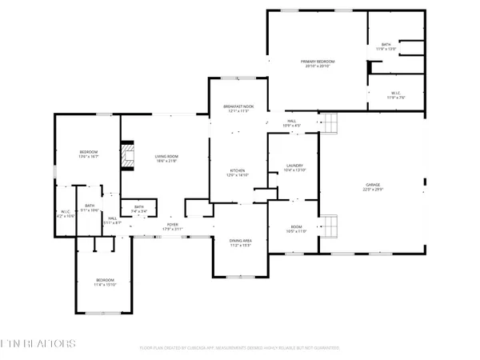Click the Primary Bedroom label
pos(318,64)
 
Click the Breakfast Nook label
pos(238,111)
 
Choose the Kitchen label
pos(238,173)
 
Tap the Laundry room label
pos(293,168)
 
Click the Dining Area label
pos(241,243)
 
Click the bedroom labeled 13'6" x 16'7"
pos(88,154)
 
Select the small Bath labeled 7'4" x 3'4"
pos(139,210)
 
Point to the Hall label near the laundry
pos(292,123)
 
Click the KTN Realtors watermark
pos(38,343)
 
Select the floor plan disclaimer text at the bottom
pos(239,347)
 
